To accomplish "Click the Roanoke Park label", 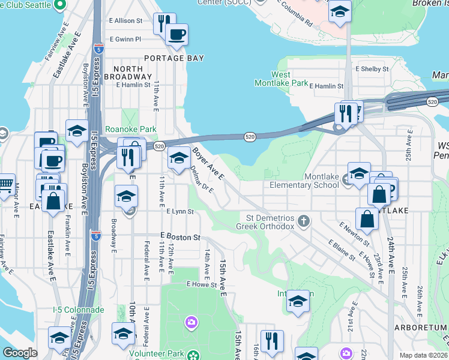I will pos(131,129).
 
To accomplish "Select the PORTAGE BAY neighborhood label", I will pos(174,58).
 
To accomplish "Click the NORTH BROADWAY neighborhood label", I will pos(124,73).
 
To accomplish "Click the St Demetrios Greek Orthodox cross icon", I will pos(305,221).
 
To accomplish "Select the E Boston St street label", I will pos(180,238).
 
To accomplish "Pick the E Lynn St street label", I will pos(180,211).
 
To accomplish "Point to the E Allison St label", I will pos(126,20).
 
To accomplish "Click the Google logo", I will pos(20,352).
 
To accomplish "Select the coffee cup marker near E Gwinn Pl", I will pos(176,35).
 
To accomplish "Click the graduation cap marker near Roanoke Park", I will pos(77,131).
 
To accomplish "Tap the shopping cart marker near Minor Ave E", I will pos(5,183).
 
